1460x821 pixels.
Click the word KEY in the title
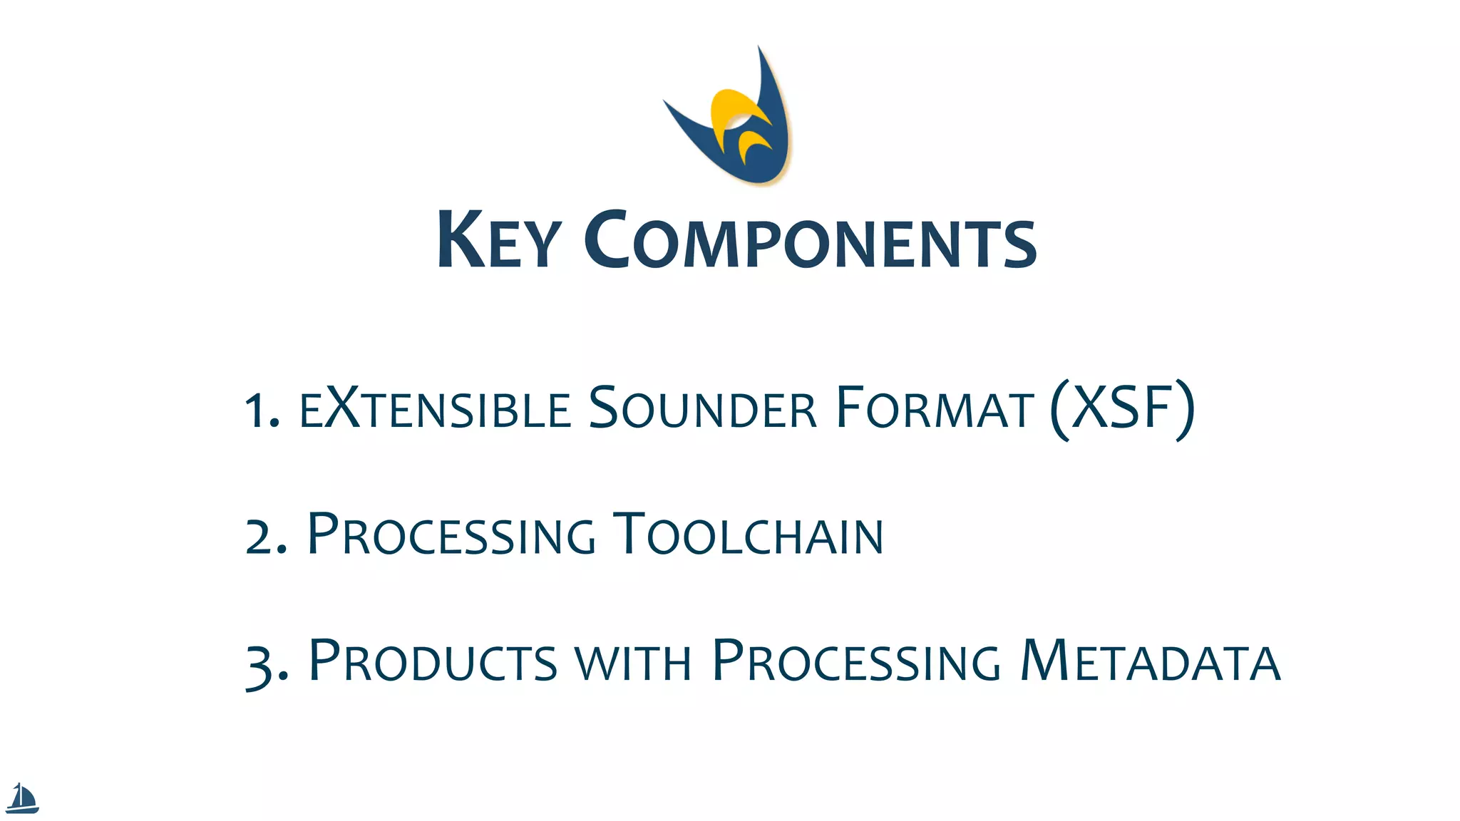pyautogui.click(x=499, y=240)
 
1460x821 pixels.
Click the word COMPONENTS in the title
pyautogui.click(x=811, y=240)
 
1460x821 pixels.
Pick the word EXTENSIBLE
pyautogui.click(x=436, y=408)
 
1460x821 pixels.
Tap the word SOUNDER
pyautogui.click(x=702, y=408)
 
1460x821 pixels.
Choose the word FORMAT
pyautogui.click(x=935, y=408)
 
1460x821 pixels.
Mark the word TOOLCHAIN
pyautogui.click(x=749, y=535)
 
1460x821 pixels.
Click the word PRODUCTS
pyautogui.click(x=433, y=661)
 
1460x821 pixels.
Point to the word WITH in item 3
pyautogui.click(x=633, y=663)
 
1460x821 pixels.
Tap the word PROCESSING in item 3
pyautogui.click(x=856, y=661)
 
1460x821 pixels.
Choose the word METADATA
pyautogui.click(x=1150, y=661)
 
